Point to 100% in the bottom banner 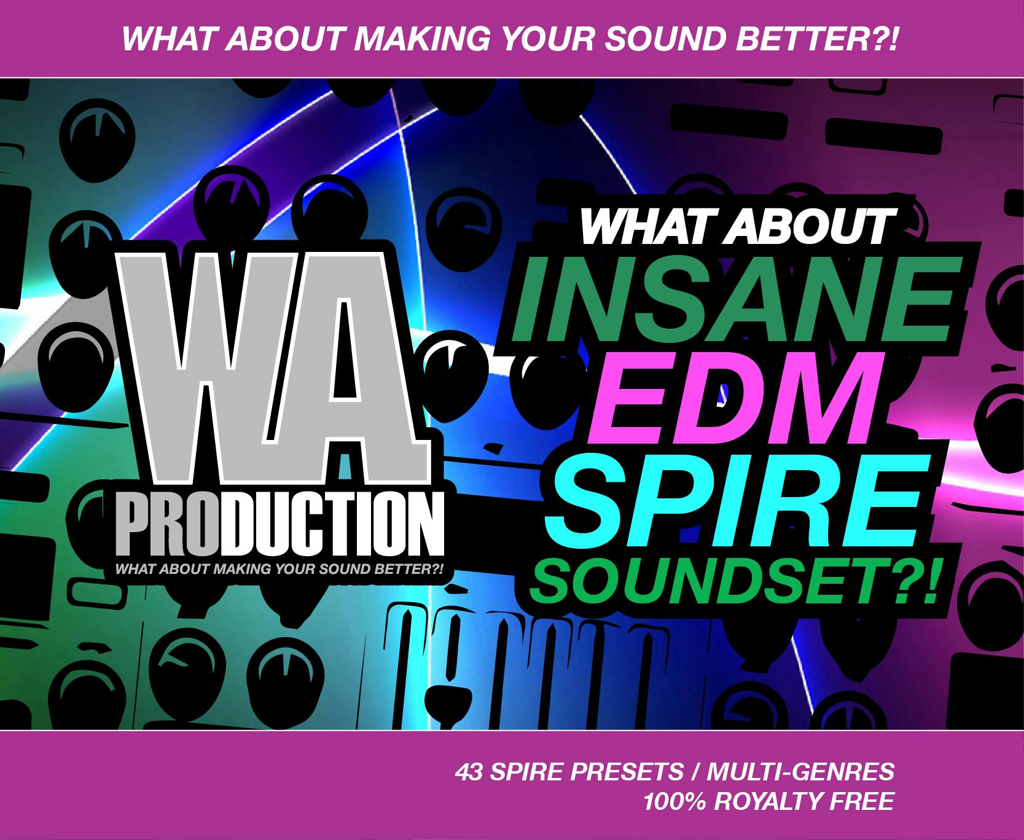point(673,801)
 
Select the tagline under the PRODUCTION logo point(279,569)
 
